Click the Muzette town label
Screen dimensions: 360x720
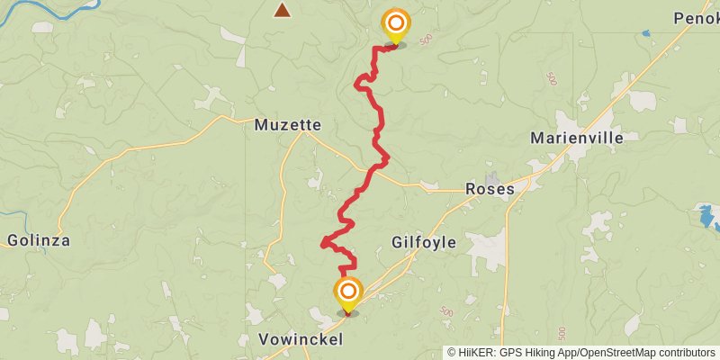[287, 125]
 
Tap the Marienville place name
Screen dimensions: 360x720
[577, 138]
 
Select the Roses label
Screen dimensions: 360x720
[490, 189]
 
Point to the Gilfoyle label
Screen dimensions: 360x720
[424, 242]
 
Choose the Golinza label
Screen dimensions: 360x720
[38, 240]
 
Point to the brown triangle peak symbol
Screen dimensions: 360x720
[283, 11]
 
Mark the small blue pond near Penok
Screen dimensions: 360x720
[645, 33]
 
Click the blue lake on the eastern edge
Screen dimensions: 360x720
[706, 216]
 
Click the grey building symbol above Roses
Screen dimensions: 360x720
[491, 177]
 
